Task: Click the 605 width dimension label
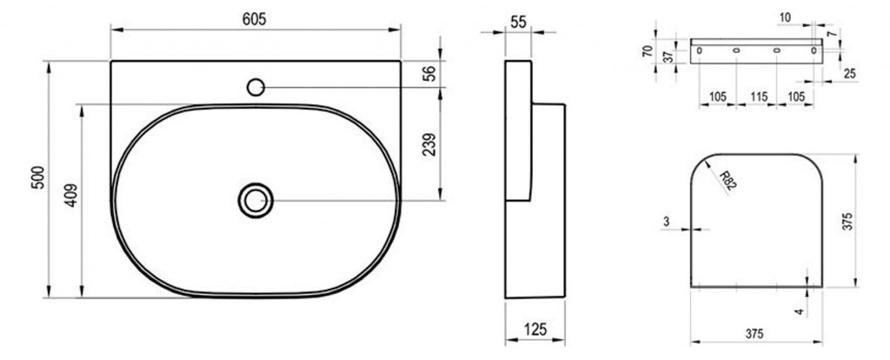(x=254, y=19)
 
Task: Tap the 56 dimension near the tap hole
(x=431, y=73)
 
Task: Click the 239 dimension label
(x=429, y=144)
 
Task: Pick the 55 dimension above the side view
(x=518, y=22)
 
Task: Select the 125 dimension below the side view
(x=535, y=329)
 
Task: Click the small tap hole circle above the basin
(x=256, y=87)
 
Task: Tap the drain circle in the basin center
(x=256, y=200)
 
